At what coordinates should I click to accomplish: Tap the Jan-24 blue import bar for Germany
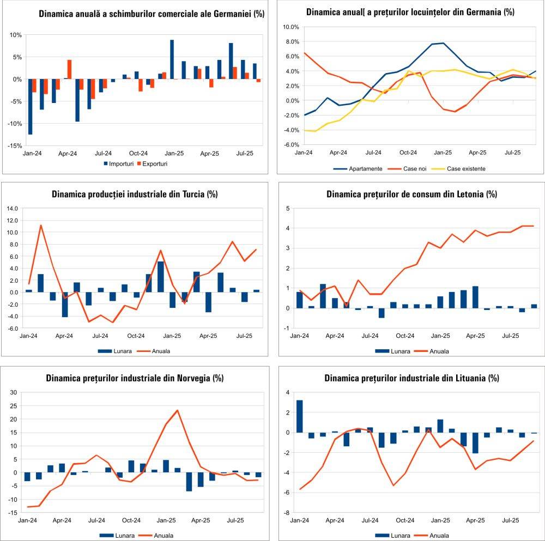(30, 106)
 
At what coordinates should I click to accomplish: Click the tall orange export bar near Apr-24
(69, 69)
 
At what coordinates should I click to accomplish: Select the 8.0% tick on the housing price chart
(292, 41)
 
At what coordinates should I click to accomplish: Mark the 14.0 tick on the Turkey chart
(12, 208)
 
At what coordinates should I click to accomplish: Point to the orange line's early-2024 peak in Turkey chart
(41, 225)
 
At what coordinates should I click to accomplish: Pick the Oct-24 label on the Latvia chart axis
(405, 336)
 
